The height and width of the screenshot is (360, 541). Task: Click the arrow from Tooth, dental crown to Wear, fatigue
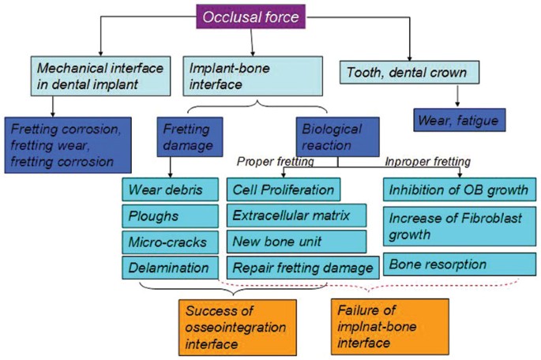[x=456, y=96]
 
